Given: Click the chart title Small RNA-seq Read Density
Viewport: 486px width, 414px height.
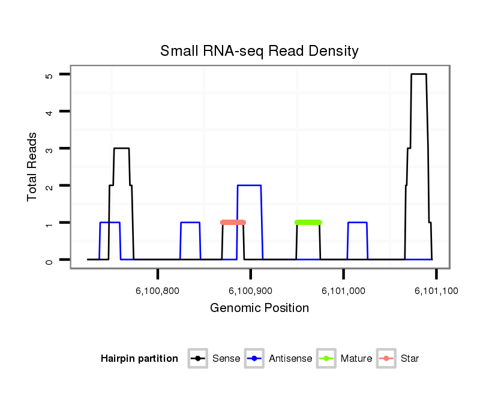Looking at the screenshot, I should tap(259, 51).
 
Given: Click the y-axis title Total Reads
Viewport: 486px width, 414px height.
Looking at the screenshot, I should tap(32, 166).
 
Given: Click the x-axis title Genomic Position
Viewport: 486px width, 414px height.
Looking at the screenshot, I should tap(259, 308).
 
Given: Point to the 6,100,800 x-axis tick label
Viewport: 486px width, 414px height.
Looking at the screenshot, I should tap(157, 291).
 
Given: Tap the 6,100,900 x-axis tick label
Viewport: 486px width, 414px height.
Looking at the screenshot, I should tap(250, 291).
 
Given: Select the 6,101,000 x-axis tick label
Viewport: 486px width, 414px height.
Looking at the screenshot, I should tap(343, 291).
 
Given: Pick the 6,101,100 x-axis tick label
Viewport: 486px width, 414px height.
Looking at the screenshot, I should tap(436, 291).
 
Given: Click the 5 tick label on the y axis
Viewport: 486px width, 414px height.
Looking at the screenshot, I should tap(49, 75).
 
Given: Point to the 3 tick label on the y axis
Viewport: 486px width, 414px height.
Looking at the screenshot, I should tap(49, 149).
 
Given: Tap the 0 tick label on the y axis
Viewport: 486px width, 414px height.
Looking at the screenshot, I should tap(49, 260).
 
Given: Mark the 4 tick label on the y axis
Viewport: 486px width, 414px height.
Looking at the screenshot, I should tap(49, 112).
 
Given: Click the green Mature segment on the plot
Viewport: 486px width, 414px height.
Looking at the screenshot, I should tap(308, 223).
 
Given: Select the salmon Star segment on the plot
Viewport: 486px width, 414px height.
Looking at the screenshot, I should tap(233, 223).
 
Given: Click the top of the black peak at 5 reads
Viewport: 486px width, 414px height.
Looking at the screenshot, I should tap(419, 74).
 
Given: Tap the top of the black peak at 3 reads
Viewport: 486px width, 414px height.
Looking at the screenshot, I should tap(121, 148).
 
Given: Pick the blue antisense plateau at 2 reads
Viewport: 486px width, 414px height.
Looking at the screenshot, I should tap(249, 185).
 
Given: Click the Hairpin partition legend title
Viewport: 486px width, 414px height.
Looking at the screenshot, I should tap(139, 359).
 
